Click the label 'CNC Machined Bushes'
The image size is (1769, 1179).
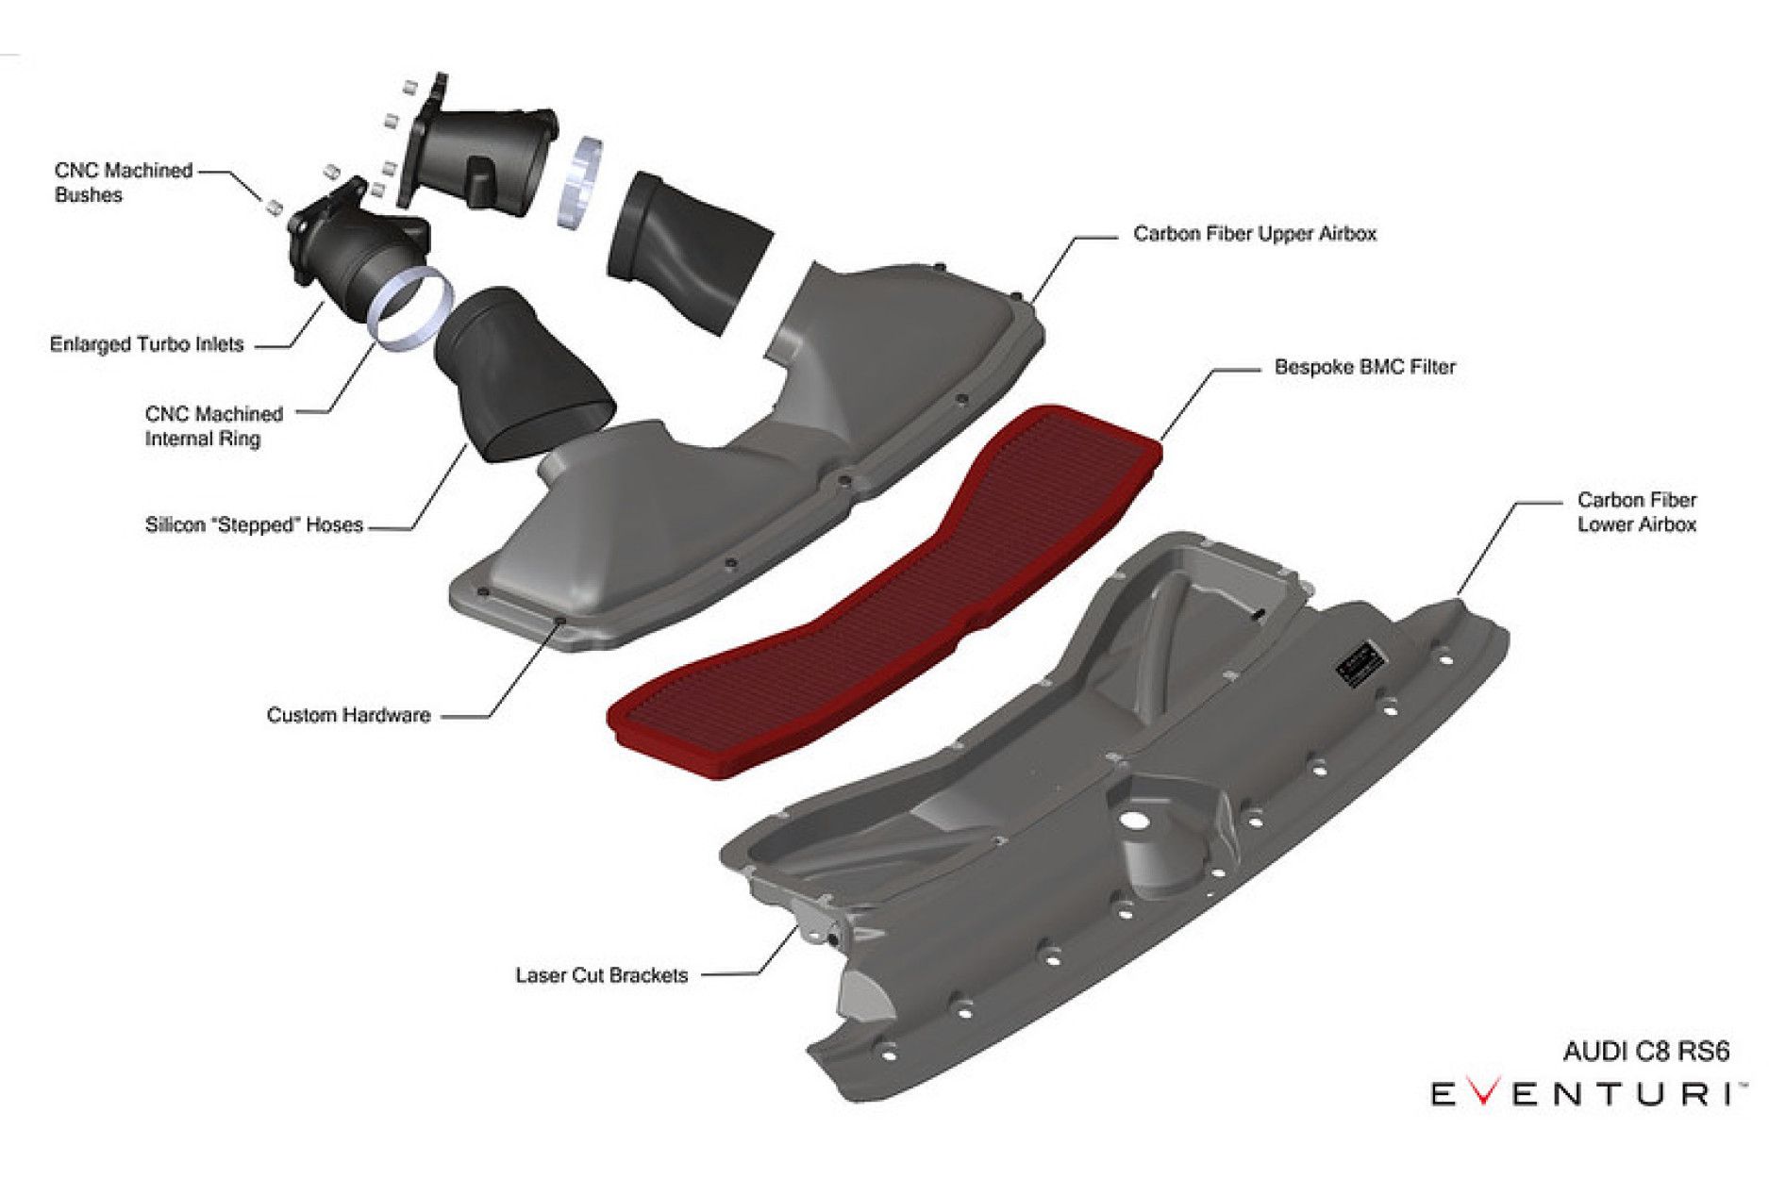pos(123,183)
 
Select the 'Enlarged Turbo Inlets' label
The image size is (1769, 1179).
pos(146,344)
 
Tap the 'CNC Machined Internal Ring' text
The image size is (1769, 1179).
pos(213,426)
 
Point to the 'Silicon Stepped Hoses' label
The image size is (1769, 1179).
pos(254,525)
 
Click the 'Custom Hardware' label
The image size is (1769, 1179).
pos(348,715)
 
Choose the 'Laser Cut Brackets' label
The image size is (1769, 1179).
pos(601,975)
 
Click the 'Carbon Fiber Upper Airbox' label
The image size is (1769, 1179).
pos(1254,234)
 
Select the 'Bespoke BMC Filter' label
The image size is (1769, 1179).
pos(1364,367)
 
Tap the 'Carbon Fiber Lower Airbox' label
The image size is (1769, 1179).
pos(1636,512)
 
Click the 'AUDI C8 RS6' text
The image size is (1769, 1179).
pos(1645,1052)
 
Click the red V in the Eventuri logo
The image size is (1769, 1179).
pos(1484,1094)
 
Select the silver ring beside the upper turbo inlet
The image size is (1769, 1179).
pos(578,183)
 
